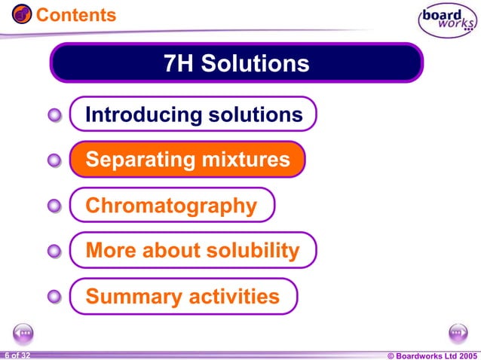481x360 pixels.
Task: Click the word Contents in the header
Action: coord(76,15)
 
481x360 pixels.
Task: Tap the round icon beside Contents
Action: coord(22,14)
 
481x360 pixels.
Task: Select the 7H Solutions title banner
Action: coord(236,63)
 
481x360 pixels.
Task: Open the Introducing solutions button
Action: coord(193,114)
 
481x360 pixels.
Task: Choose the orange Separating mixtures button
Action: coord(187,160)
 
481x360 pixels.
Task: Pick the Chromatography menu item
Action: coord(172,206)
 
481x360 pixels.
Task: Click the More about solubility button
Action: coord(193,251)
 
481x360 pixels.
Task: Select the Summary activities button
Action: coord(183,297)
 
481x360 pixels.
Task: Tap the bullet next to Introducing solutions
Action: coord(54,115)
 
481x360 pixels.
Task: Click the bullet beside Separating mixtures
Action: coord(54,160)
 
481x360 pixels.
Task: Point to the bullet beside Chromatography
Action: coord(54,206)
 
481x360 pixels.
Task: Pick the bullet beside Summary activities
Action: coord(54,297)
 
